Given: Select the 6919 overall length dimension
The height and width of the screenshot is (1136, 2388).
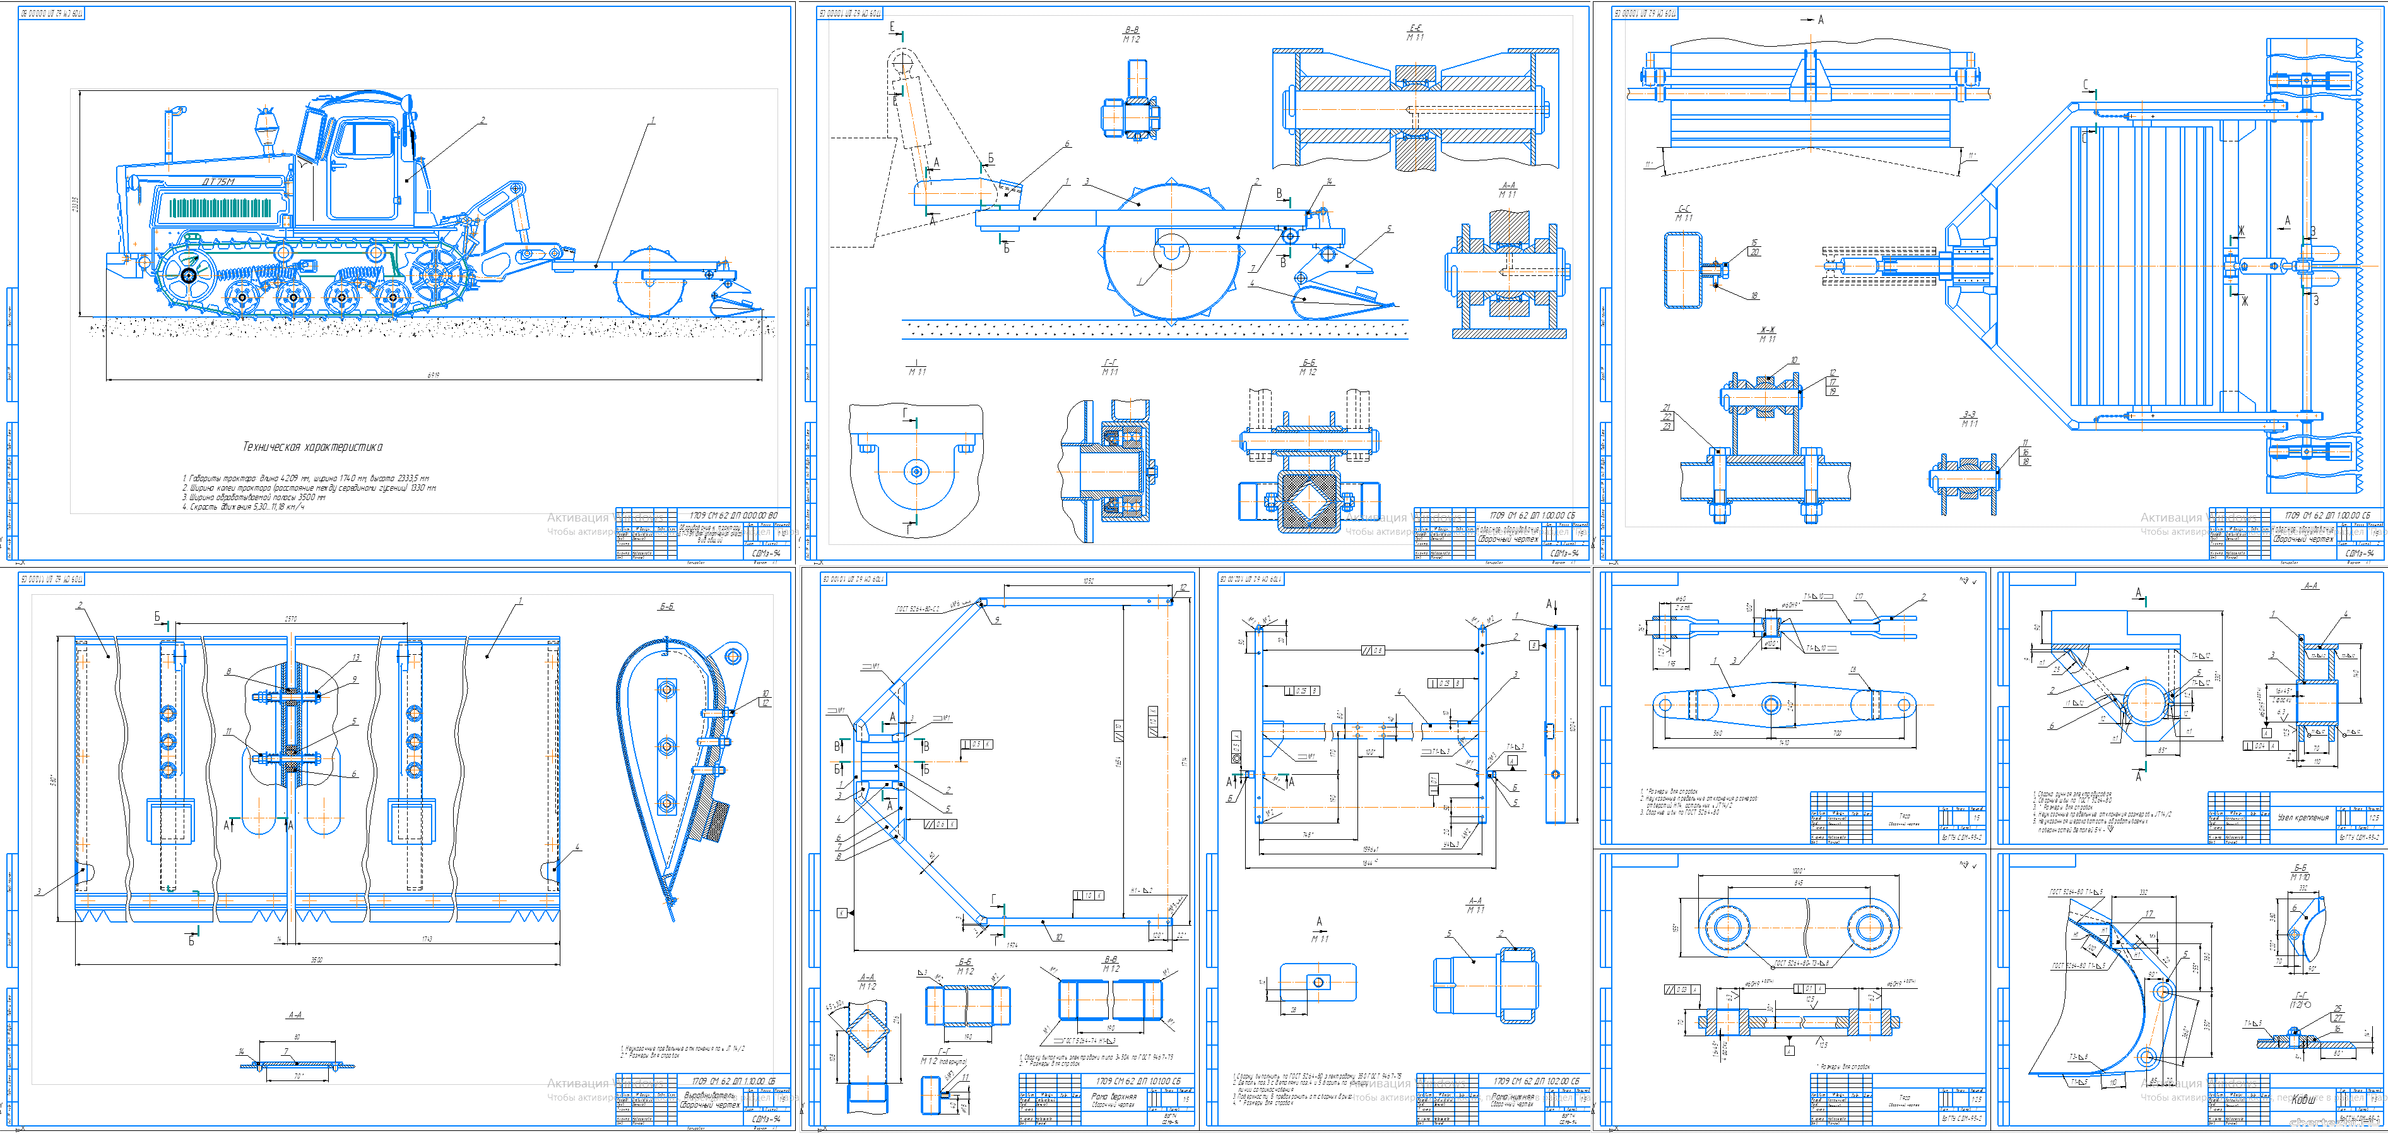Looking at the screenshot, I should pos(433,374).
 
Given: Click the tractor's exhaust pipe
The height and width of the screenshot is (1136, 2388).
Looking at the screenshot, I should pos(170,135).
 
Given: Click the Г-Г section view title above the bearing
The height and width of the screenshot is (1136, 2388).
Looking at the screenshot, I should pos(1109,366).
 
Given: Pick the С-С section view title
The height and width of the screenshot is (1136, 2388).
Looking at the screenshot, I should pos(1684,212).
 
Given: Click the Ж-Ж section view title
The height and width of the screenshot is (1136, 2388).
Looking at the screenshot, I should pos(1767,334).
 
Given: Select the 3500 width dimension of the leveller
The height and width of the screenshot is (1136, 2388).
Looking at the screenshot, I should pos(316,960).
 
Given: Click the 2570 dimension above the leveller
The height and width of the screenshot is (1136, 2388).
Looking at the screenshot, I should pos(291,618).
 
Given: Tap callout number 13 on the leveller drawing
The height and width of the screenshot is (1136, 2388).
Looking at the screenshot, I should pos(356,657).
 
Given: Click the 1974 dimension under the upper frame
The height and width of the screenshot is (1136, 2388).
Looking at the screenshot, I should pos(1012,945).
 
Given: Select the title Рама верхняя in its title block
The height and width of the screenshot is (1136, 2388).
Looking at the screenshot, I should pos(1113,1096).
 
